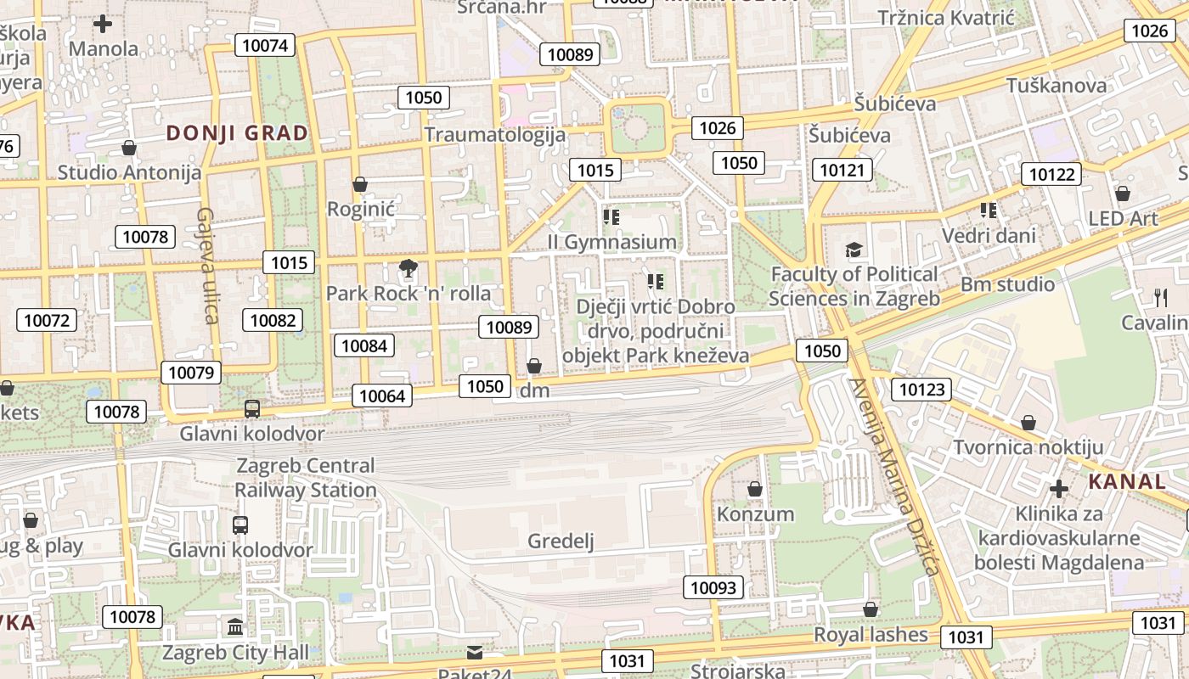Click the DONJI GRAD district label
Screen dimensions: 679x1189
237,133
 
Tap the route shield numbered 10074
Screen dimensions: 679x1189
265,45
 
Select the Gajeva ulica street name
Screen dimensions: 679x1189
208,265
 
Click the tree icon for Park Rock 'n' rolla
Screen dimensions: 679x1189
409,269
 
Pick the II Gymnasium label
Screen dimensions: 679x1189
611,242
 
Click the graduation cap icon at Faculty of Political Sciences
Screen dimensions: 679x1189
854,250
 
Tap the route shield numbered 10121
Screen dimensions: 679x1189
842,170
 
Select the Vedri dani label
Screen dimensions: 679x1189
989,235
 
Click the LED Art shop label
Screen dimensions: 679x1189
1123,218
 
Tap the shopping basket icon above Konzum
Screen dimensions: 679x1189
754,489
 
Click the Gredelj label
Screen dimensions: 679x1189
561,542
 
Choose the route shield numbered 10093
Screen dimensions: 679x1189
713,587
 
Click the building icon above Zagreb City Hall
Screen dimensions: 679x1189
235,627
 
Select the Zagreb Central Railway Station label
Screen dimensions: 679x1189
305,478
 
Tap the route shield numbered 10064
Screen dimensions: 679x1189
382,395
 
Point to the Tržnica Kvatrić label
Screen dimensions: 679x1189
946,18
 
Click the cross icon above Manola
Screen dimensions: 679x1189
103,24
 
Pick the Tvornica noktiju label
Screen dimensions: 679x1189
1028,447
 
